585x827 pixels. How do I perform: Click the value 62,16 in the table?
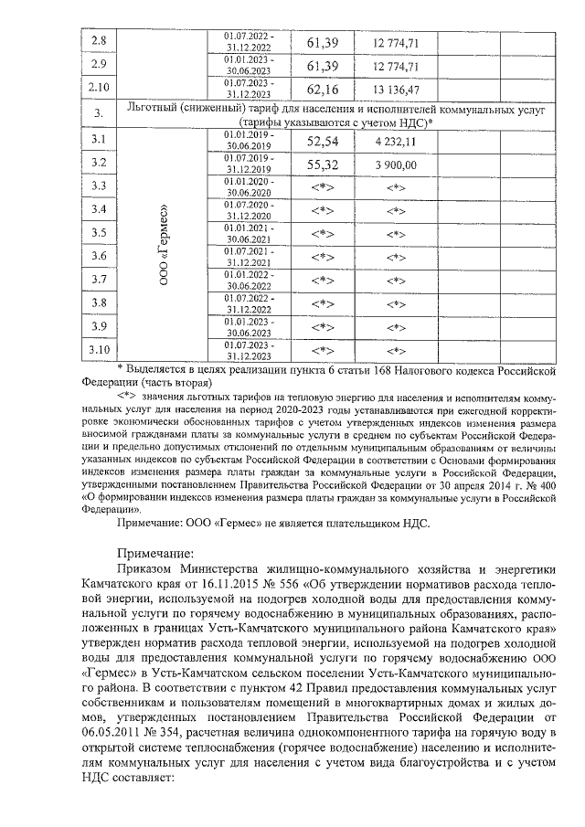coord(323,90)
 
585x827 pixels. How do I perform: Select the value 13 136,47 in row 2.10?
coord(397,90)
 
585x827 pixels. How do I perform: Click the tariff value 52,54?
coord(323,142)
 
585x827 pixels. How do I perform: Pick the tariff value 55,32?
coord(323,164)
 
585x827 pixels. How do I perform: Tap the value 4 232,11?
coord(397,142)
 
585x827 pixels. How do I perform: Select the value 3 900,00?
coord(397,164)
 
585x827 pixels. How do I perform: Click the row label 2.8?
coord(100,42)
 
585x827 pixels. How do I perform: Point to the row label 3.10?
coord(100,349)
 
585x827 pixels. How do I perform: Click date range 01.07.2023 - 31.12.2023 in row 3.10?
coord(249,350)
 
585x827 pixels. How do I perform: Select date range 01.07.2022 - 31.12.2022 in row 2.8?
coord(249,41)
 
